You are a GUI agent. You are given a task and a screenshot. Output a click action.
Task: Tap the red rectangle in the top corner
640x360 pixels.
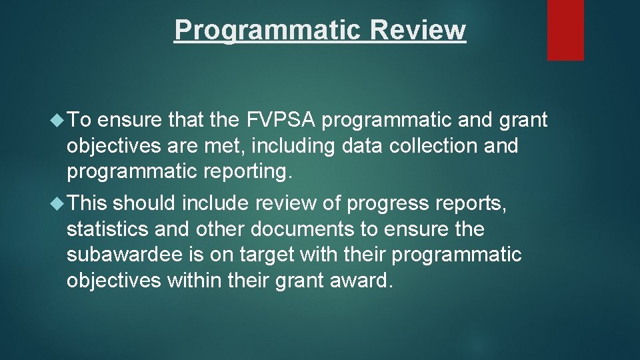pyautogui.click(x=565, y=30)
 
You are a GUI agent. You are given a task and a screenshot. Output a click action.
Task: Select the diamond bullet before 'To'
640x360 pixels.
pyautogui.click(x=58, y=120)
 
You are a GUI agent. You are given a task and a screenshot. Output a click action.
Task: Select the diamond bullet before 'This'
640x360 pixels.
pyautogui.click(x=58, y=203)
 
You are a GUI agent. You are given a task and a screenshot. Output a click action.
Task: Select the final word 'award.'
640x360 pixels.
pyautogui.click(x=357, y=280)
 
